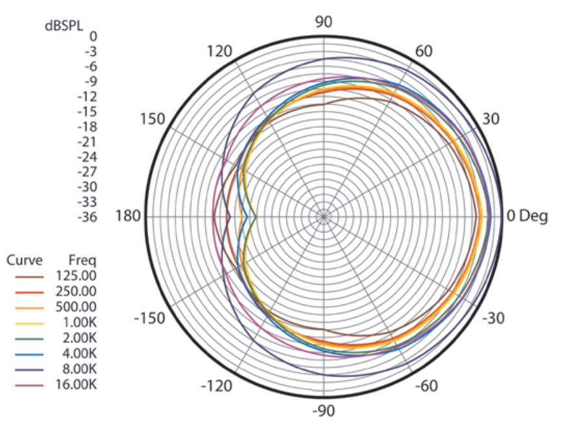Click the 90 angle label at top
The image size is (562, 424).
[x=323, y=22]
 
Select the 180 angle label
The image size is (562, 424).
[x=127, y=216]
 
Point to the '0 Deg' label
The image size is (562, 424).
[x=527, y=216]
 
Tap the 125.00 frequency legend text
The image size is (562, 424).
[x=77, y=276]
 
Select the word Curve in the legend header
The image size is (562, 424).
[x=25, y=261]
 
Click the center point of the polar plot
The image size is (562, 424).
[x=323, y=216]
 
